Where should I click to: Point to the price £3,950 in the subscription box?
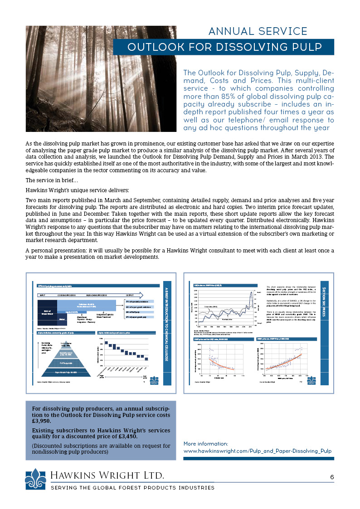[x=42, y=421]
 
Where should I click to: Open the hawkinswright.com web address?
[x=257, y=451]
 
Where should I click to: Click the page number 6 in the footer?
[x=332, y=477]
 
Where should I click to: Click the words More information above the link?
[x=205, y=443]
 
